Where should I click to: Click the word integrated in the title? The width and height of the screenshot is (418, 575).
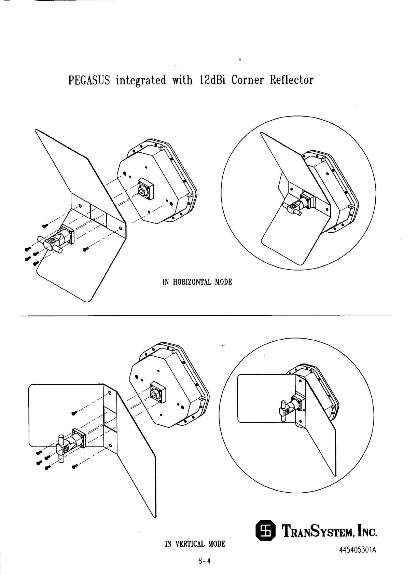click(x=141, y=81)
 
